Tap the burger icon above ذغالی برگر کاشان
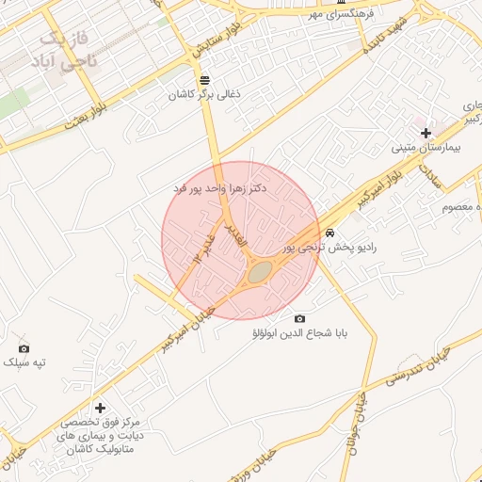205,78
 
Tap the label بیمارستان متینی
425,148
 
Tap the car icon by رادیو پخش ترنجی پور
329,232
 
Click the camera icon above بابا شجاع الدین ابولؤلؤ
300,318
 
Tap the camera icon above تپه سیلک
24,348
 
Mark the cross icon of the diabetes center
100,407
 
